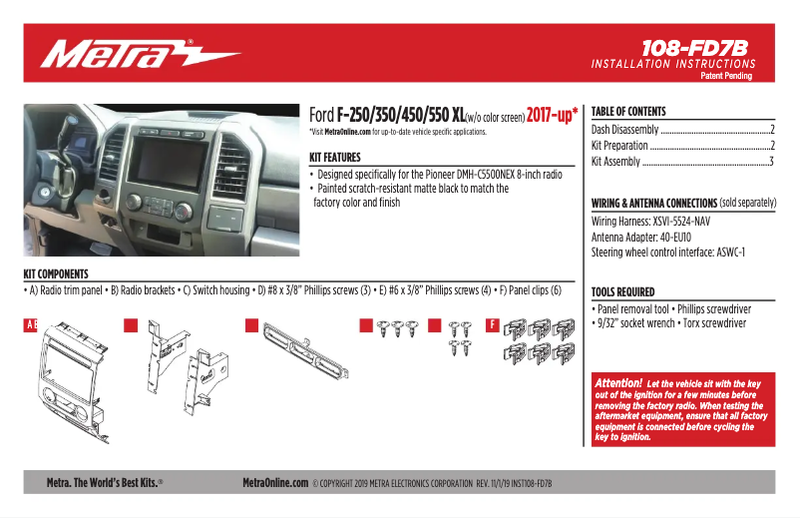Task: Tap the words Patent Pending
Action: pyautogui.click(x=725, y=76)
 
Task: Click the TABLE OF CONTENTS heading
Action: pyautogui.click(x=628, y=112)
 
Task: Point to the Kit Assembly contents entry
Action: pyautogui.click(x=615, y=162)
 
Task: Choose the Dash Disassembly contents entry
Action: pyautogui.click(x=624, y=130)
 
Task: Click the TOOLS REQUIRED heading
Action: pyautogui.click(x=622, y=292)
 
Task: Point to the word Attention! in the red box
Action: pyautogui.click(x=617, y=383)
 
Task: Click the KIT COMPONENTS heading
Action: pyautogui.click(x=56, y=273)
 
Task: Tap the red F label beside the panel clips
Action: pyautogui.click(x=493, y=325)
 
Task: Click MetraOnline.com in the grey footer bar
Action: pyautogui.click(x=275, y=483)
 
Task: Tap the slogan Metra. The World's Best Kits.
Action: pyautogui.click(x=105, y=483)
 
